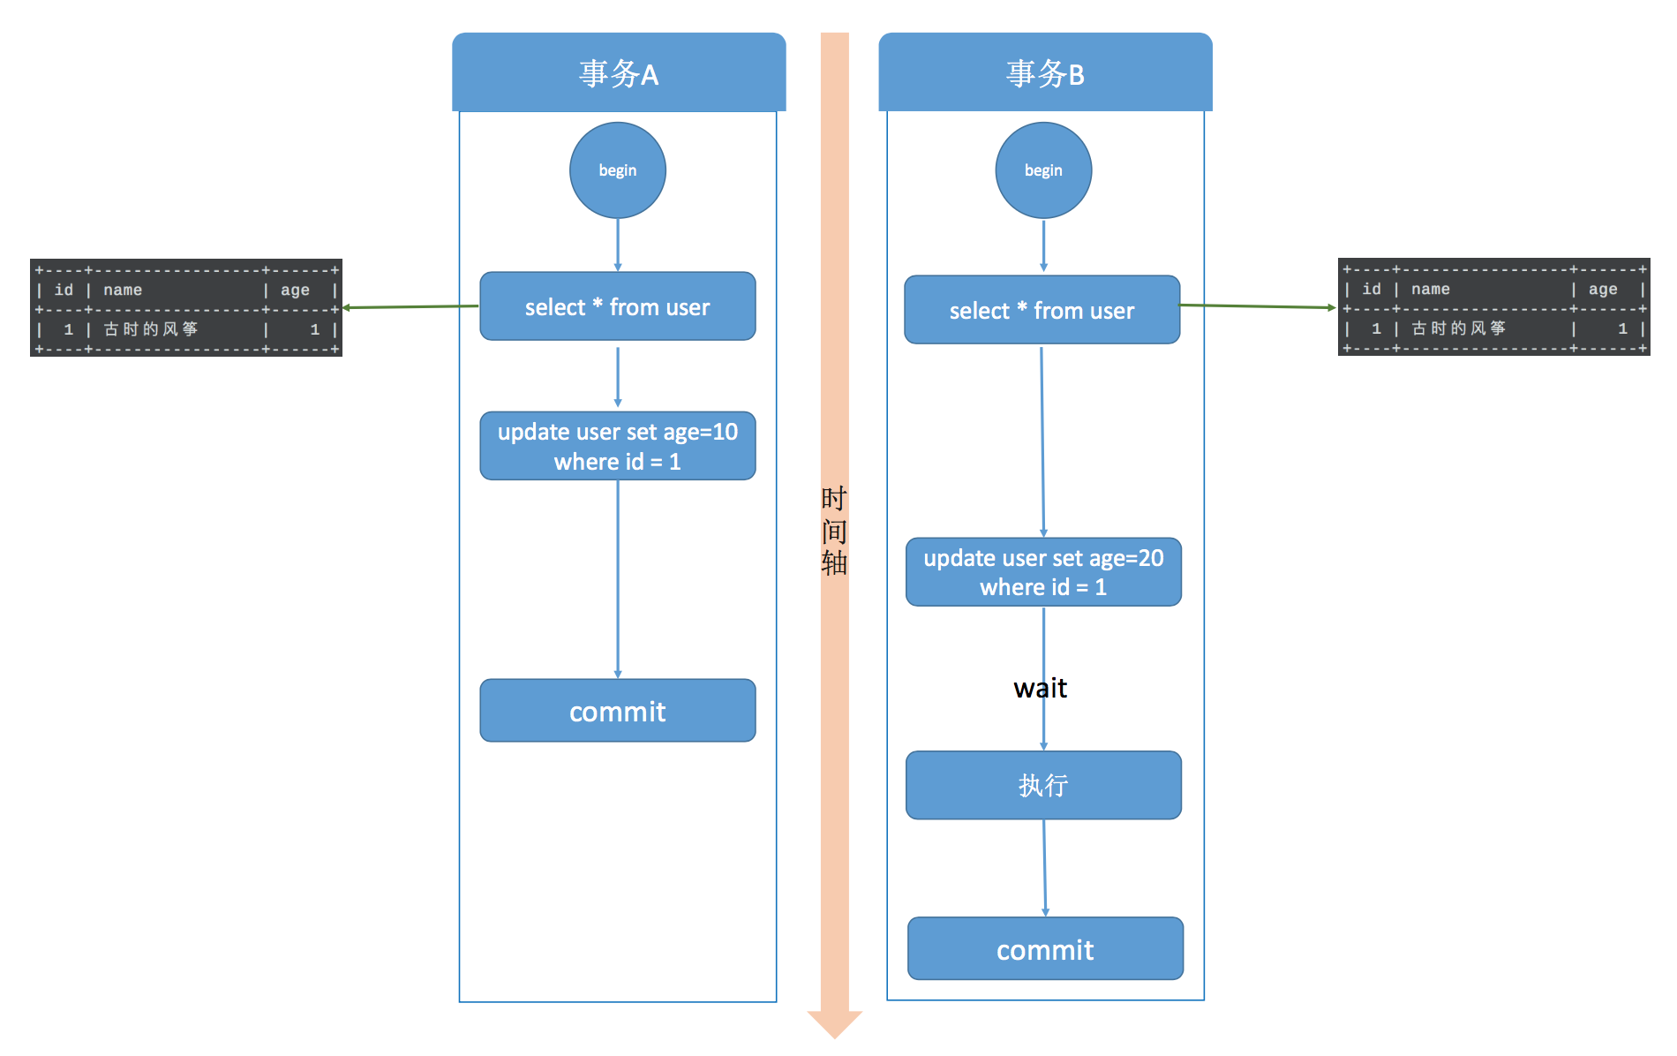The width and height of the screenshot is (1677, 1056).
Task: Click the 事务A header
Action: click(x=618, y=73)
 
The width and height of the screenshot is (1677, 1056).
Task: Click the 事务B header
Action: click(x=1045, y=73)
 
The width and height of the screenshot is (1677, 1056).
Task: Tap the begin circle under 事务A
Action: click(x=618, y=170)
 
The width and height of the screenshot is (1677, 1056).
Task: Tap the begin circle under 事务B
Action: click(x=1043, y=170)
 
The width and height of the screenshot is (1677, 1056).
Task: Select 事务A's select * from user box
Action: click(x=618, y=306)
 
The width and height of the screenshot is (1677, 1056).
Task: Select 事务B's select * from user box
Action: click(x=1042, y=310)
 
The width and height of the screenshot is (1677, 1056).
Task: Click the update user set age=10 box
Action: click(x=618, y=446)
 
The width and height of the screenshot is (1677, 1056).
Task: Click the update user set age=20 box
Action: click(x=1043, y=572)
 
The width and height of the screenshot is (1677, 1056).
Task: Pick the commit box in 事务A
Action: click(x=618, y=711)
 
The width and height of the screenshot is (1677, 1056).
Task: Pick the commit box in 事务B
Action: click(x=1045, y=949)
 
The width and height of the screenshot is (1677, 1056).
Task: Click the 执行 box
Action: click(x=1043, y=785)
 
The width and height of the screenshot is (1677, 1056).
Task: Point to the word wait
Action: click(x=1040, y=688)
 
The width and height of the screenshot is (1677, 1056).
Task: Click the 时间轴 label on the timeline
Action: click(x=834, y=531)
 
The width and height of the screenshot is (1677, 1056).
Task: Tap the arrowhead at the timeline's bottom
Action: click(x=834, y=1024)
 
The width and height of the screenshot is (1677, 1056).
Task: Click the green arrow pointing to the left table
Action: click(x=410, y=307)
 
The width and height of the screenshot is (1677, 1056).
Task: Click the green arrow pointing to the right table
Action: click(x=1258, y=306)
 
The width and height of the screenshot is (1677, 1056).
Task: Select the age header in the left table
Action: click(x=295, y=290)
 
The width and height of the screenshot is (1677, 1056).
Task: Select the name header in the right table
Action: click(x=1430, y=289)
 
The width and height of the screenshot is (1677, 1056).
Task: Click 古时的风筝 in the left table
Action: click(x=151, y=329)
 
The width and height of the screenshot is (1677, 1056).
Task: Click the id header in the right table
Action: click(x=1371, y=289)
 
